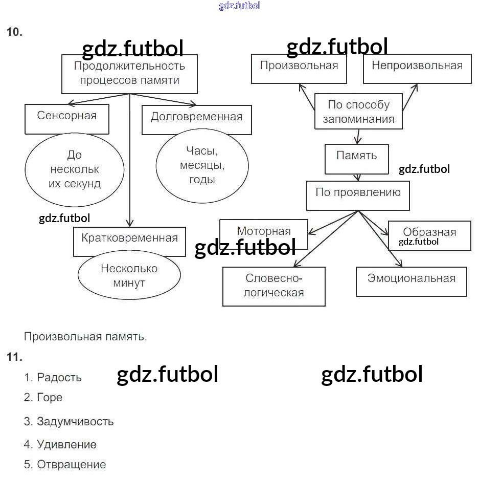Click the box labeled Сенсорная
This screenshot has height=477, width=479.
click(x=67, y=119)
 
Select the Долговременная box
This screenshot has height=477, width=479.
click(x=197, y=120)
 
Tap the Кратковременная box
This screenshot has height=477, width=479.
click(x=129, y=242)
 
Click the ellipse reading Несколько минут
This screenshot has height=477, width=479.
click(x=129, y=276)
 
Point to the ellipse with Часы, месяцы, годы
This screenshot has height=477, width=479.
click(x=202, y=165)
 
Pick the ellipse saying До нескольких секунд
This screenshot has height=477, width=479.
click(x=74, y=169)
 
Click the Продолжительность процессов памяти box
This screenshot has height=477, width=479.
click(x=129, y=74)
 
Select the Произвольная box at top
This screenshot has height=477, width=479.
click(x=299, y=69)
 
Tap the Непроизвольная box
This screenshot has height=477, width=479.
click(x=417, y=69)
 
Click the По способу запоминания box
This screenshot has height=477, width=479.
click(x=358, y=112)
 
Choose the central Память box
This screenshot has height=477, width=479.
click(x=357, y=159)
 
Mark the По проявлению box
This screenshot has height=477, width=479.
click(x=358, y=195)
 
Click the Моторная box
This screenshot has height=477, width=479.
click(x=264, y=233)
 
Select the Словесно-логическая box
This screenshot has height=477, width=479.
click(x=274, y=286)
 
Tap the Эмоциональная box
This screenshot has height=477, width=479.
click(x=412, y=281)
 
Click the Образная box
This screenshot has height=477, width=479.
click(x=429, y=235)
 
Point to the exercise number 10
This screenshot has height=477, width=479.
click(x=14, y=32)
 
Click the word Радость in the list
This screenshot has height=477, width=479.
click(x=59, y=378)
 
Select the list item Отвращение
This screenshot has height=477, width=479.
click(x=72, y=465)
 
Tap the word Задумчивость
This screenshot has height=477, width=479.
click(x=75, y=422)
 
